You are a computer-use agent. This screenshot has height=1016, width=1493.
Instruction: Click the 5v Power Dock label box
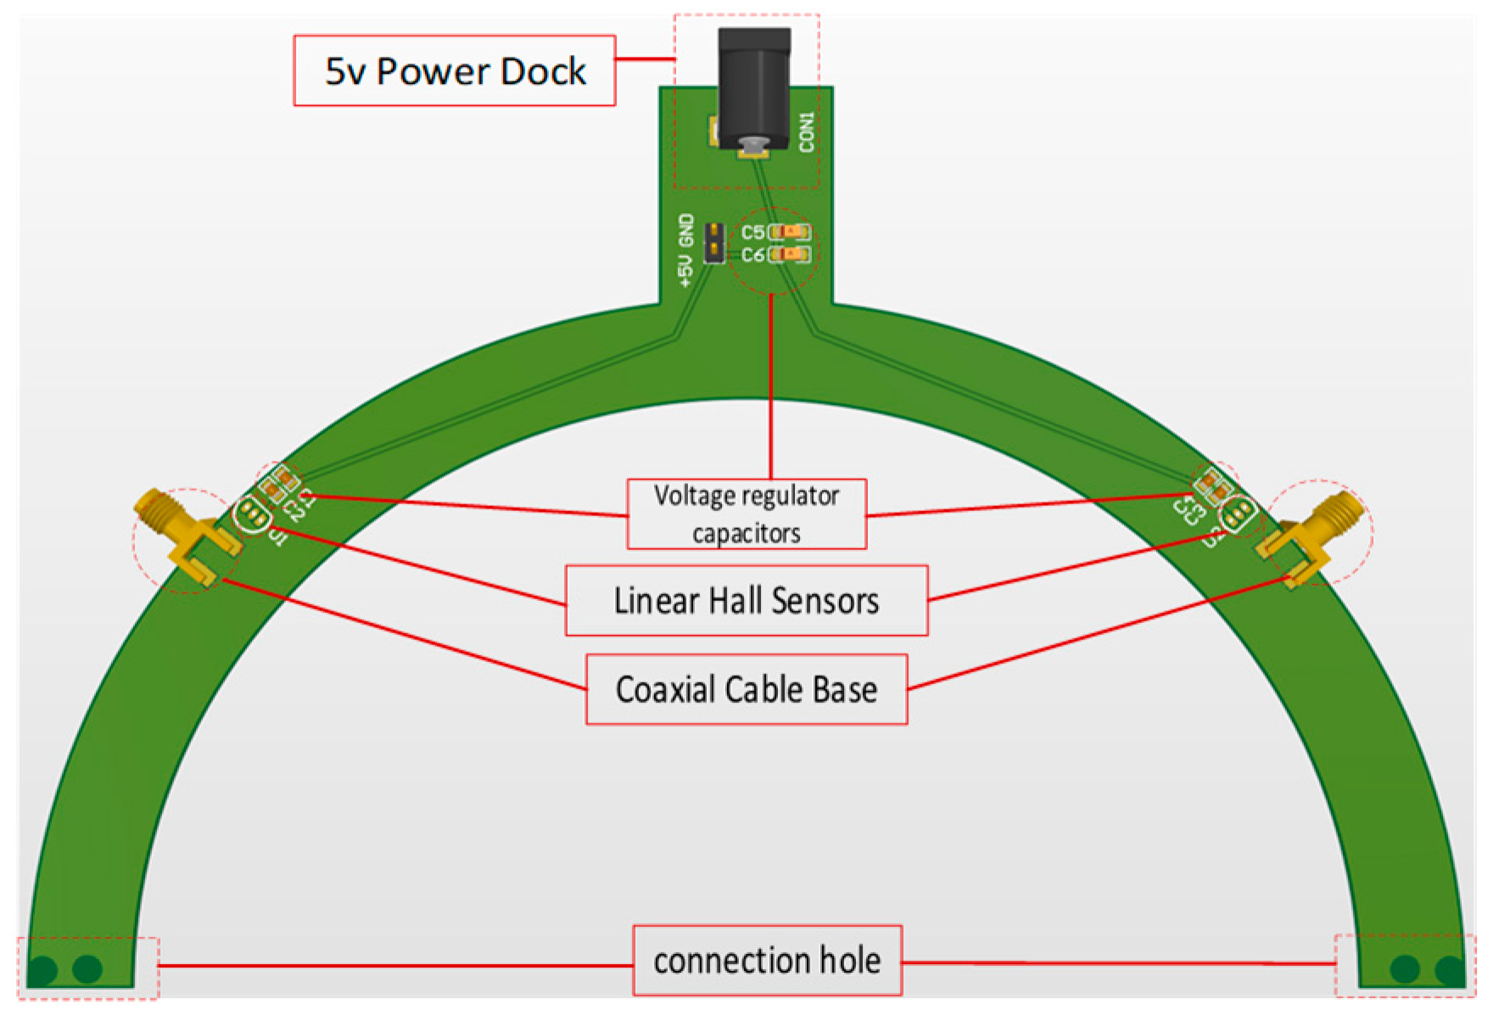(x=454, y=70)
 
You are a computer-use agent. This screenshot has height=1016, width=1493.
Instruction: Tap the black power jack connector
(x=753, y=85)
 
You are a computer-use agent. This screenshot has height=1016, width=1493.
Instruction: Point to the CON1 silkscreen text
(x=806, y=132)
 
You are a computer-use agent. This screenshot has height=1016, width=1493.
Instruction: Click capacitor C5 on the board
(x=791, y=232)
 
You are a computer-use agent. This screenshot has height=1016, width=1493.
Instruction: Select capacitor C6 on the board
(x=791, y=254)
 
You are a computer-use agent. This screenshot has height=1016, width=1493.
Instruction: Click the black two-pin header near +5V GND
(x=714, y=242)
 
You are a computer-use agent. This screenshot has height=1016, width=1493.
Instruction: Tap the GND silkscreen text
(x=686, y=228)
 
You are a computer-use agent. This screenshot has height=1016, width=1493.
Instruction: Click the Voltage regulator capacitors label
(x=746, y=514)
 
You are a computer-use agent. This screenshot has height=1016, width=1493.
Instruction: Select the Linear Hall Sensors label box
(x=746, y=600)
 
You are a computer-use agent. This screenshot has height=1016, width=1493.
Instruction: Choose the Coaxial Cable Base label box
(x=746, y=689)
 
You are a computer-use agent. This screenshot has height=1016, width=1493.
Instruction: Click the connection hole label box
(x=766, y=960)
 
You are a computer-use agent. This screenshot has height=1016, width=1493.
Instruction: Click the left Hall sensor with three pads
(x=252, y=514)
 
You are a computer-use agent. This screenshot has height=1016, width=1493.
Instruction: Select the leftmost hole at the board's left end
(x=42, y=969)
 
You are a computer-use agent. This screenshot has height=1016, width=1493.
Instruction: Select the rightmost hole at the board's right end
(x=1450, y=969)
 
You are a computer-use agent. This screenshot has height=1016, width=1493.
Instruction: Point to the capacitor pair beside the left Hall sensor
(x=279, y=486)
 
